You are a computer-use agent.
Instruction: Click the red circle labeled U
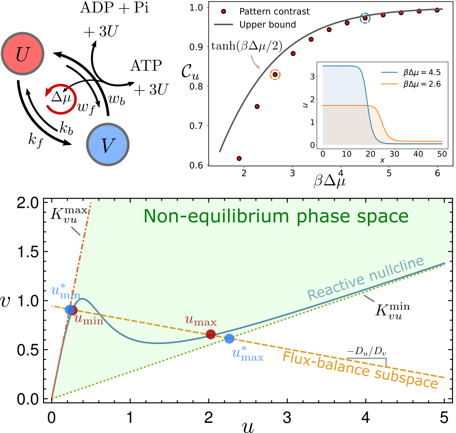tap(23, 54)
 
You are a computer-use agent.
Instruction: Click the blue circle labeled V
tap(108, 145)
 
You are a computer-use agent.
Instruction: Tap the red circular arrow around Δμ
tap(60, 99)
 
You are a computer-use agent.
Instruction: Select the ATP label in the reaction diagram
tap(146, 66)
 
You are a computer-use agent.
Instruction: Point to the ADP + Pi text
tap(114, 8)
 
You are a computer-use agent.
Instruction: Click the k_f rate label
tap(35, 140)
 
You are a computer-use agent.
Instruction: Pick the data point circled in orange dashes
tap(275, 75)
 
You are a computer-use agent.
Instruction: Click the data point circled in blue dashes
tap(365, 18)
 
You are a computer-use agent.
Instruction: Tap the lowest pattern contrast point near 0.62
tap(239, 158)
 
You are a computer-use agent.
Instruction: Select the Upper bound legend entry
tap(267, 25)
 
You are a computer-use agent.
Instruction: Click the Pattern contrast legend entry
tap(274, 12)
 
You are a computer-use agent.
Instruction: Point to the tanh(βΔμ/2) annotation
tap(247, 46)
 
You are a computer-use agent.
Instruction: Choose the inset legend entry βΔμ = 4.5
tap(422, 72)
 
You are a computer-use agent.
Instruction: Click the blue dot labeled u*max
tap(229, 338)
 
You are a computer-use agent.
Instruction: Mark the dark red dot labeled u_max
tap(211, 334)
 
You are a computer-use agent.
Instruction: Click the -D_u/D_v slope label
tap(367, 351)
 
